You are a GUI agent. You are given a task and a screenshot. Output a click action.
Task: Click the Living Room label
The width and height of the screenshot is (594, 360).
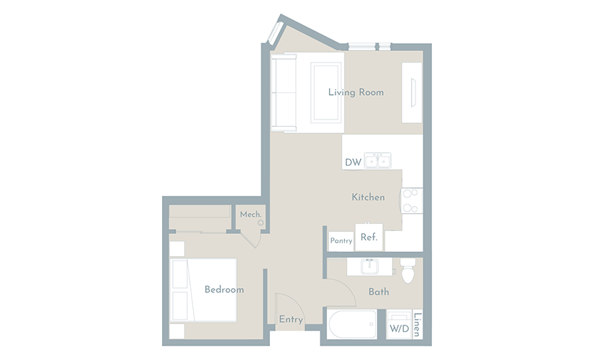[356, 92]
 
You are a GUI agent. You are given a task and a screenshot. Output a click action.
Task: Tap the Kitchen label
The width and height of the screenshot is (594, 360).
[368, 197]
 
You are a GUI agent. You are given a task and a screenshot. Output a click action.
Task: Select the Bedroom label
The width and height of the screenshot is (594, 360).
[224, 289]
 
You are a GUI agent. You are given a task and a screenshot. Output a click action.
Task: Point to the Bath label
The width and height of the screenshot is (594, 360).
[379, 292]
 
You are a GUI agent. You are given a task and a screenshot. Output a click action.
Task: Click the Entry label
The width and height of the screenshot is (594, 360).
[291, 320]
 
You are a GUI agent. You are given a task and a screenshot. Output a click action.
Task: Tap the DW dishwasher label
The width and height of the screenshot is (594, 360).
[353, 163]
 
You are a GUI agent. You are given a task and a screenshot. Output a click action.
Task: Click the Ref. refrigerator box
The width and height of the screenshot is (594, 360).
[369, 237]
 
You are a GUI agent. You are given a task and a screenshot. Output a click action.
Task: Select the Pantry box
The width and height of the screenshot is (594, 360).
[341, 241]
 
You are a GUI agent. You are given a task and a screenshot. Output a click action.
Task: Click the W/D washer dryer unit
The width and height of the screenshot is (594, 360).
[400, 325]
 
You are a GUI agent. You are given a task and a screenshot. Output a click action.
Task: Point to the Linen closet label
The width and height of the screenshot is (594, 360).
[418, 325]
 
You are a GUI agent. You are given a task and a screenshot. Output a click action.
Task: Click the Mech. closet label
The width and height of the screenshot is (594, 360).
[251, 215]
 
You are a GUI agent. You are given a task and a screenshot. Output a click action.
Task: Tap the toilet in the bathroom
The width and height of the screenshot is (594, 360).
[408, 270]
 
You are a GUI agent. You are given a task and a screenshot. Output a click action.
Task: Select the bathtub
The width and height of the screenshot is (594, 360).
[352, 324]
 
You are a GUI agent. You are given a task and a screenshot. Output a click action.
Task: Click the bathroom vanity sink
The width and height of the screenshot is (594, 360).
[369, 267]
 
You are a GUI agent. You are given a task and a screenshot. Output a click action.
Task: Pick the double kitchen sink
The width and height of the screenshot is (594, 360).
[378, 161]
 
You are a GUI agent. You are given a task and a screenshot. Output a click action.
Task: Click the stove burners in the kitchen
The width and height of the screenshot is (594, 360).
[411, 201]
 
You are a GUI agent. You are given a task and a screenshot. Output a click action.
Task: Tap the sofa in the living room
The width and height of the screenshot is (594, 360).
[284, 92]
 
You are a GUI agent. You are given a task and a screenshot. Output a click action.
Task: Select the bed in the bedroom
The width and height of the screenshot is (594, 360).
[204, 290]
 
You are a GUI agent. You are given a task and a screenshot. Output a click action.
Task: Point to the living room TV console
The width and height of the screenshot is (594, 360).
[412, 93]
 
